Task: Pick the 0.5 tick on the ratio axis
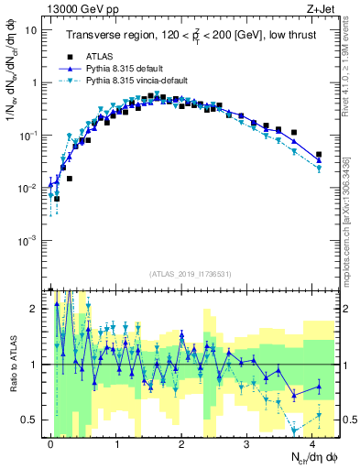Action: tap(31, 420)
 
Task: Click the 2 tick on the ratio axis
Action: tap(35, 309)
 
